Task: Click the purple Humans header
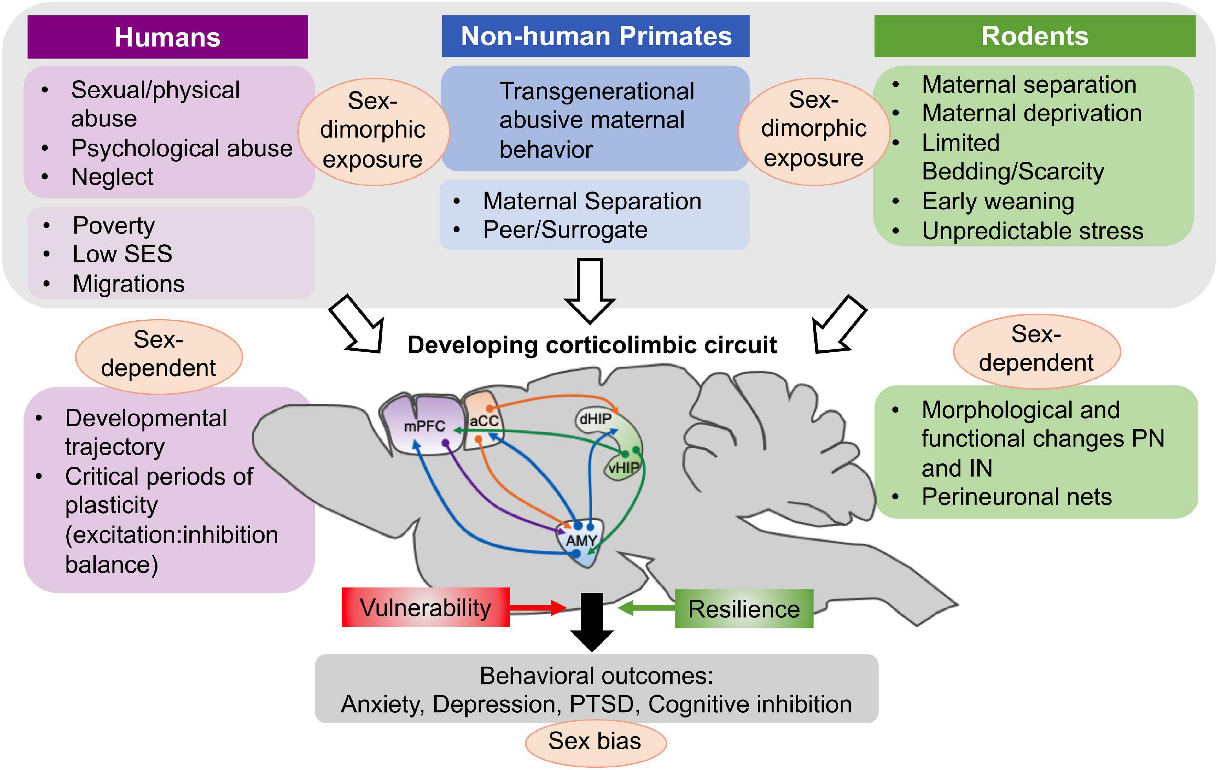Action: [x=167, y=37]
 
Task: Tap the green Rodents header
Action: [x=1034, y=36]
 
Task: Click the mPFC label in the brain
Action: [x=424, y=426]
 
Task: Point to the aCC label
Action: [x=484, y=420]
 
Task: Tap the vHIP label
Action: [x=623, y=467]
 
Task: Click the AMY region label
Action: [x=581, y=540]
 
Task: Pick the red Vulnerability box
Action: [x=425, y=607]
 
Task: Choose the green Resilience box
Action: [x=743, y=608]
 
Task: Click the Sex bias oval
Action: [x=595, y=741]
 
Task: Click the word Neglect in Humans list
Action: [x=112, y=177]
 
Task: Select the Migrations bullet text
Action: [x=128, y=284]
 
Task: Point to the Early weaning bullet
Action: [x=998, y=201]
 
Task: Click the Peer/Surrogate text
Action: [x=565, y=230]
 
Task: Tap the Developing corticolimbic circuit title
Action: [x=592, y=345]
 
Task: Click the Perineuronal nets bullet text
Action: [x=1016, y=497]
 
